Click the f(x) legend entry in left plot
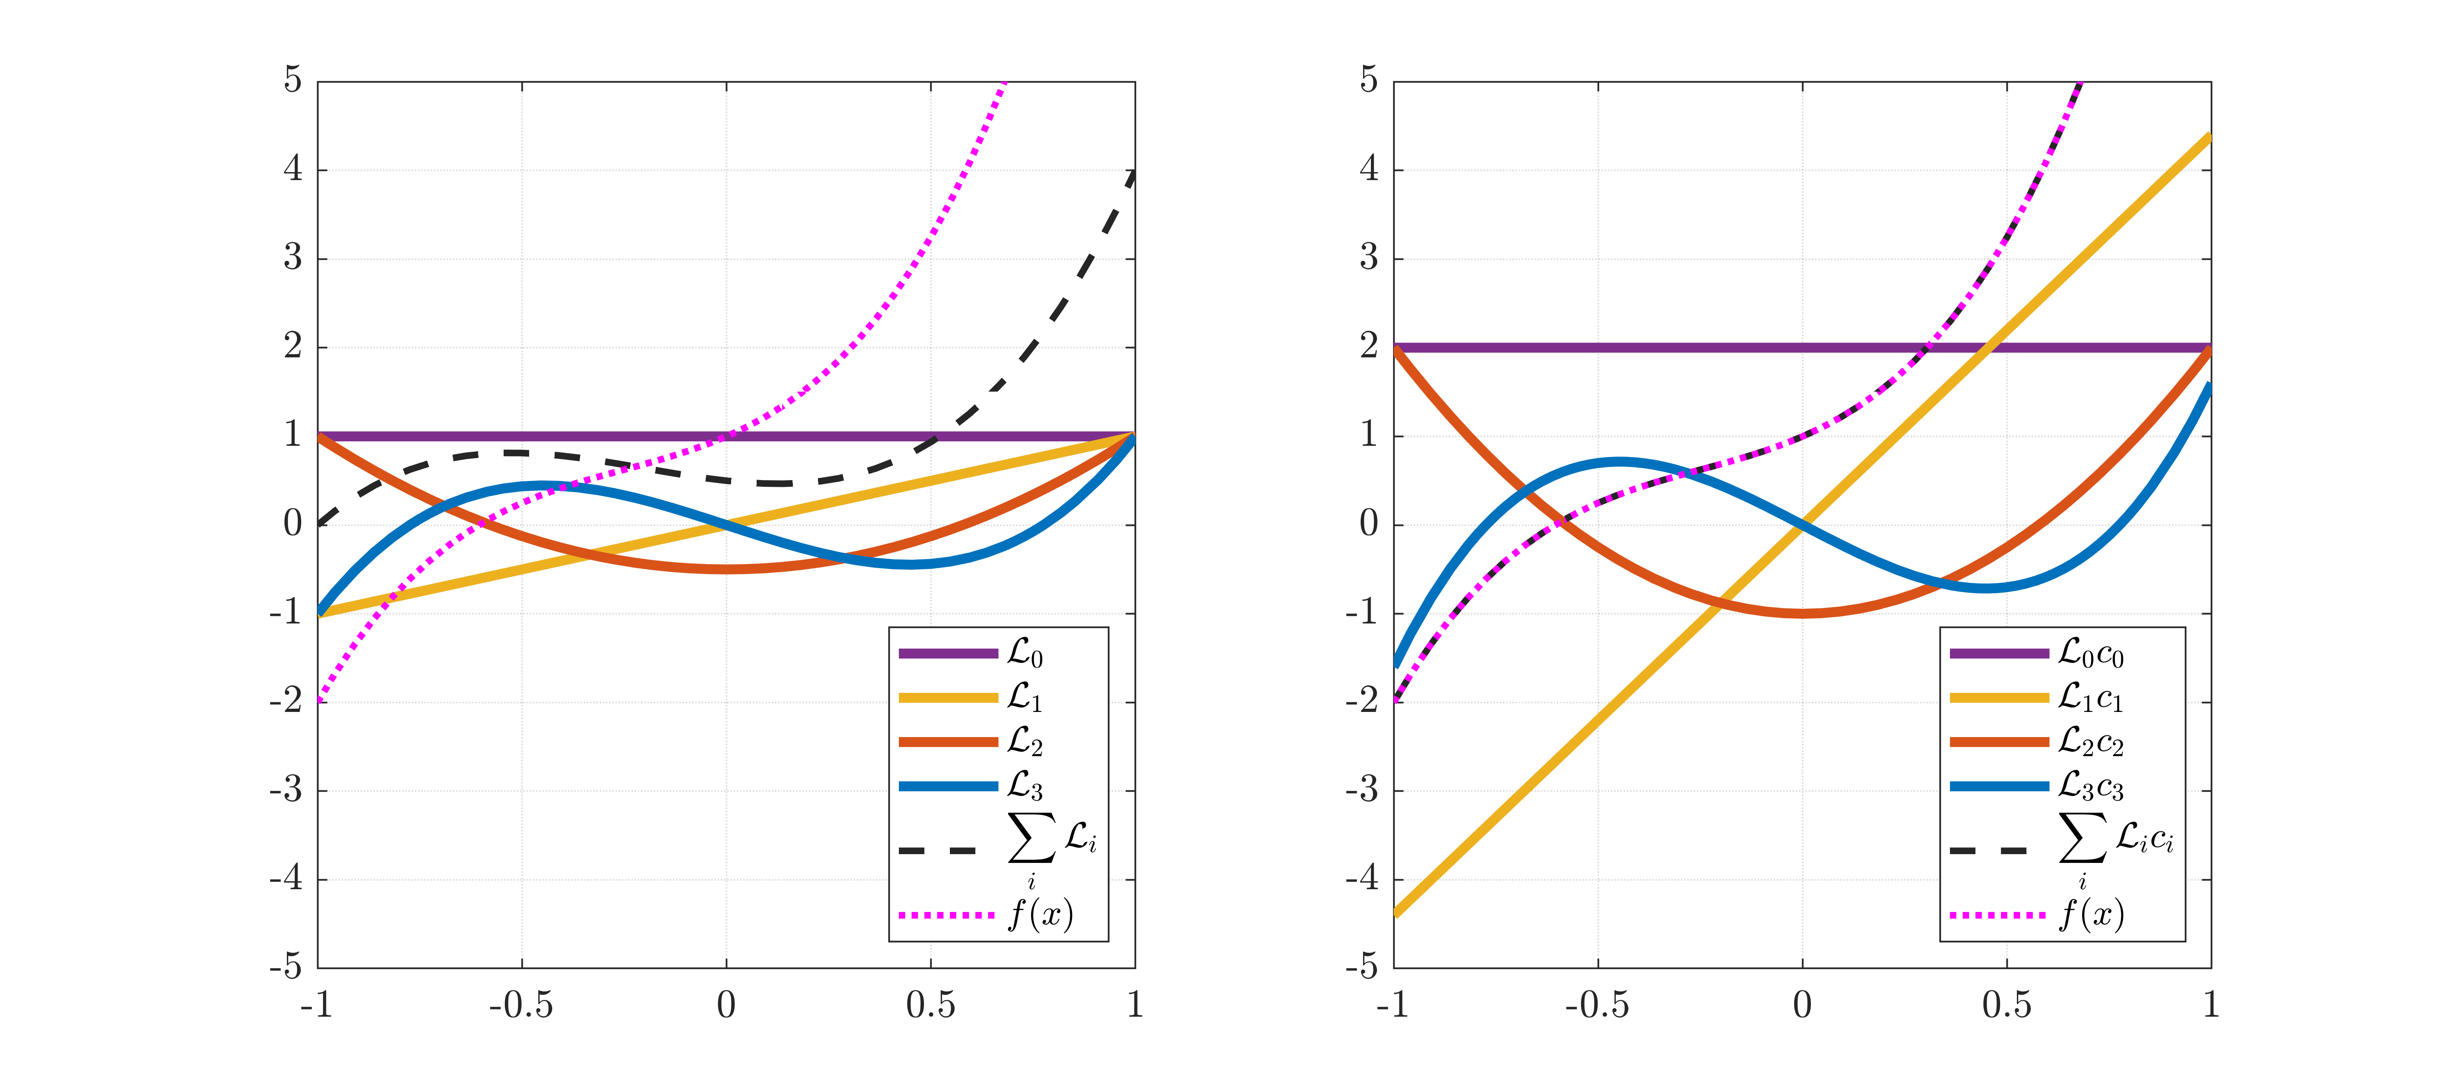click(1040, 915)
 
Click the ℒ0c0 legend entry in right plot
click(2090, 654)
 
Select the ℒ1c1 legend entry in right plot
click(2090, 698)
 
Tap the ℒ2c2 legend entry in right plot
click(2090, 742)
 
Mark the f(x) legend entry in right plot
click(2090, 915)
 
